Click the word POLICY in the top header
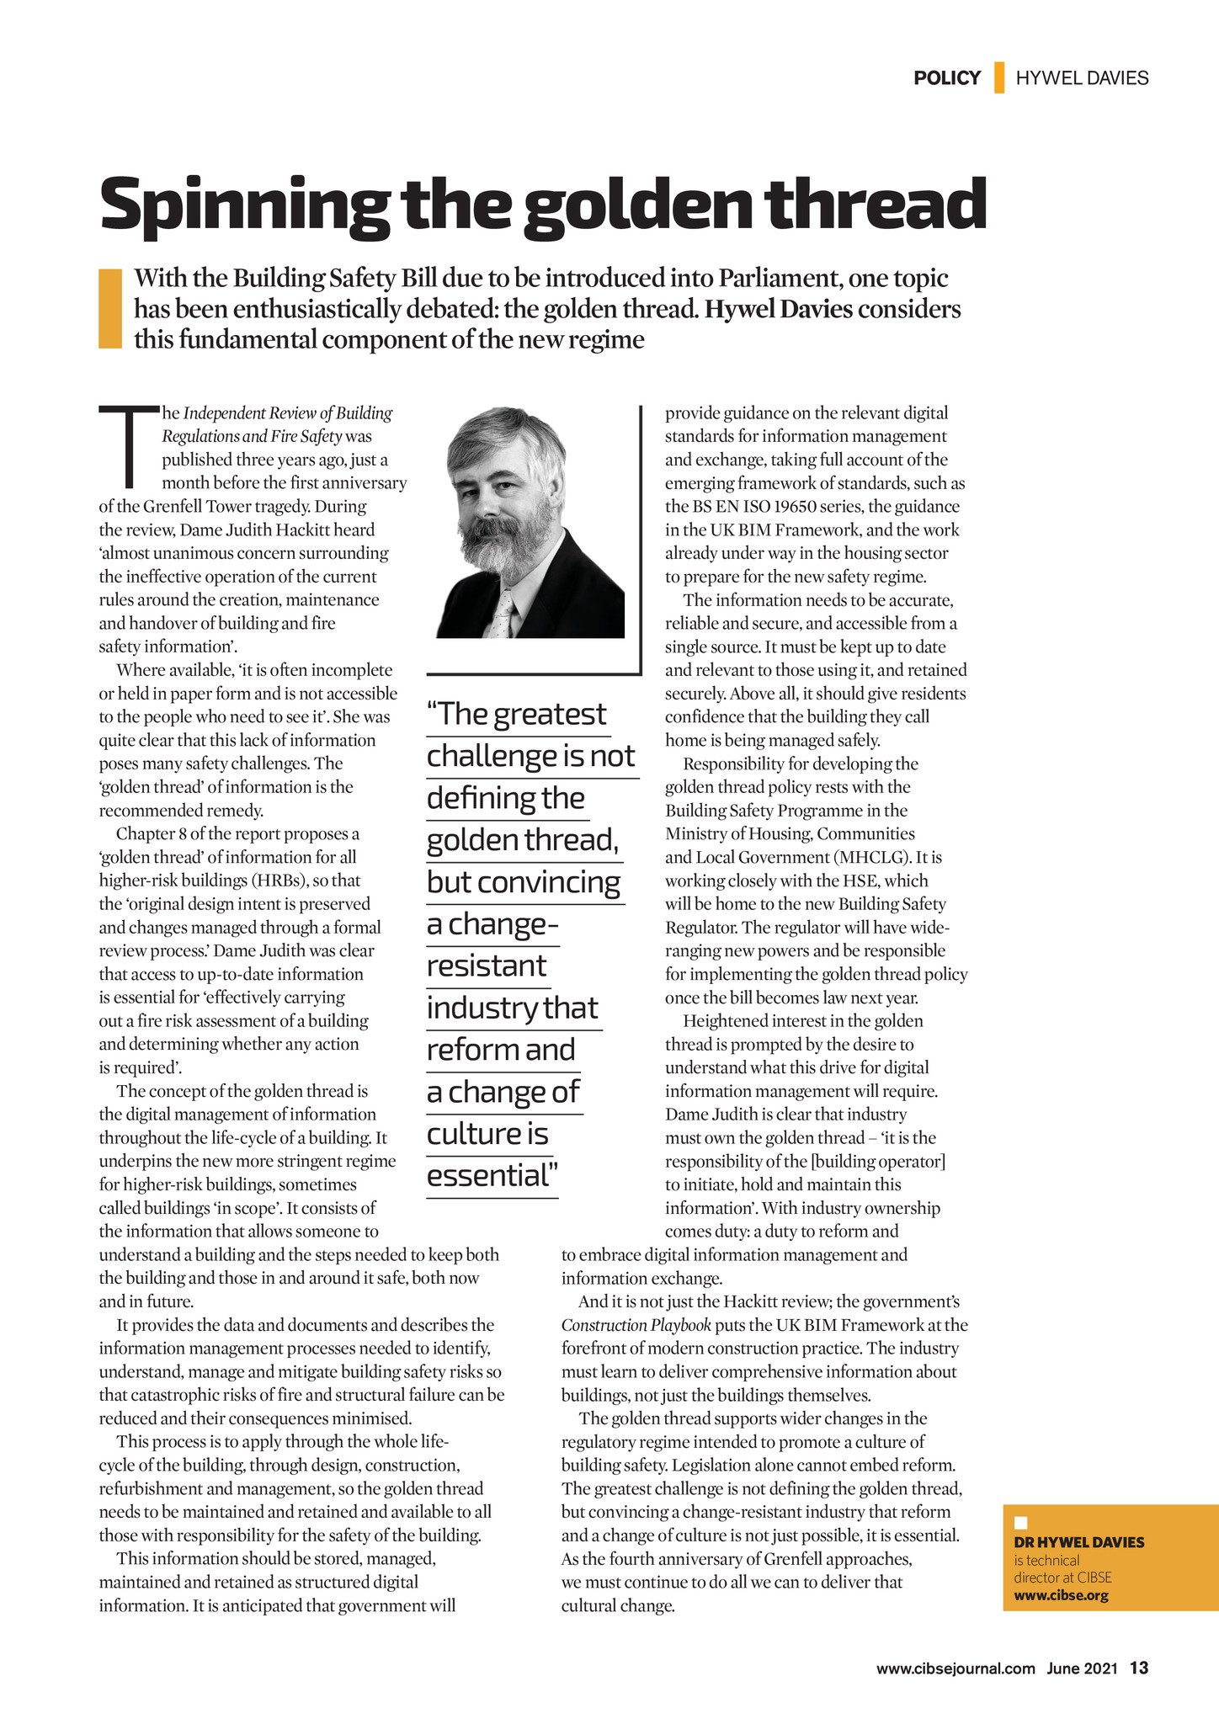click(947, 78)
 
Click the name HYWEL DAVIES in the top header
click(1082, 78)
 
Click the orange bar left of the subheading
click(110, 308)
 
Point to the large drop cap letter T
click(129, 446)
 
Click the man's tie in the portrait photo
click(503, 613)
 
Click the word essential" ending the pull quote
click(492, 1175)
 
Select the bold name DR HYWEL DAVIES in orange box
click(1079, 1542)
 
